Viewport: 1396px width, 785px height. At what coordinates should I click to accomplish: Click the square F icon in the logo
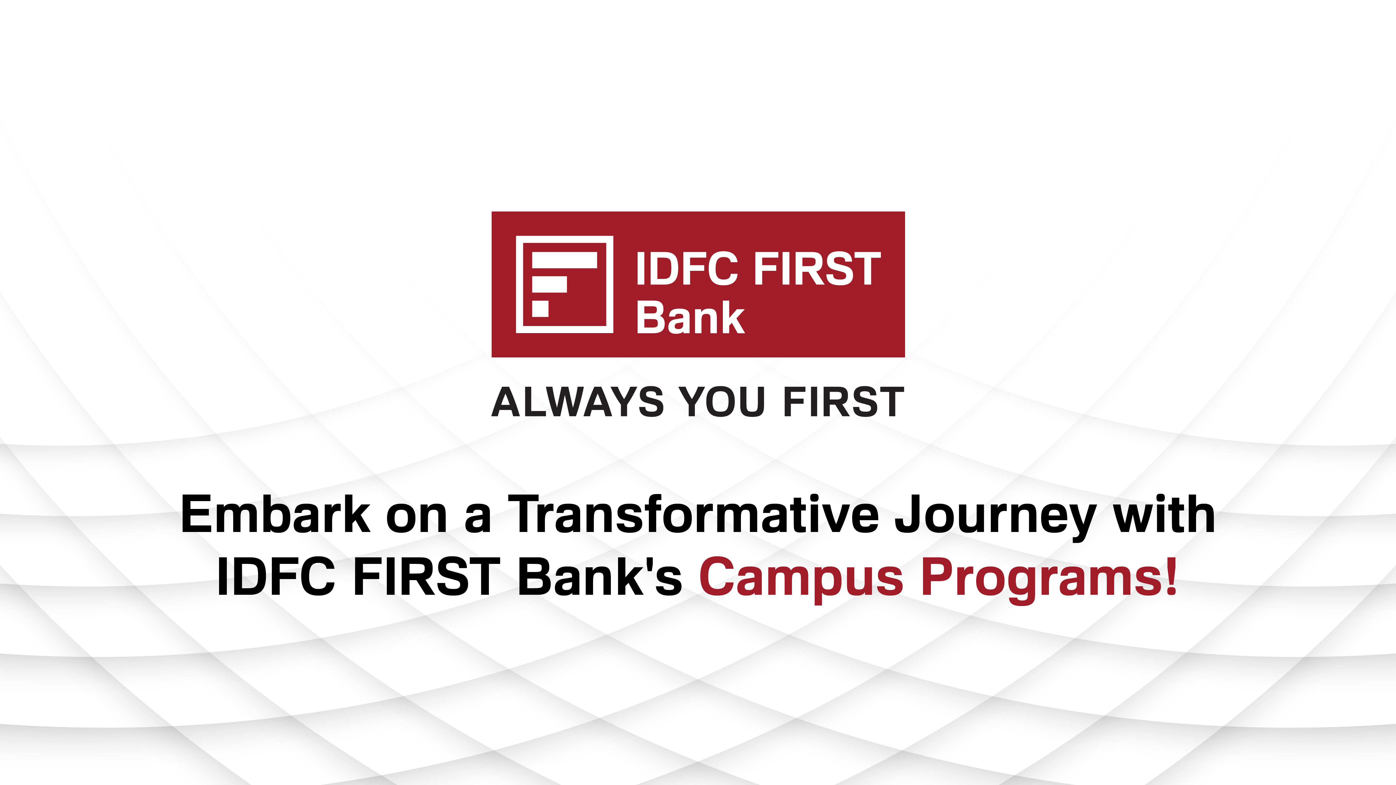(x=564, y=284)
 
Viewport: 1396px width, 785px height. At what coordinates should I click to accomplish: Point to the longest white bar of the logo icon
(x=564, y=261)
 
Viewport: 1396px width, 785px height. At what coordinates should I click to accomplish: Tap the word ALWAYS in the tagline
(x=577, y=402)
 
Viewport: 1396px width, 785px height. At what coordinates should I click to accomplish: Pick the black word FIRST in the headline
(x=427, y=577)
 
